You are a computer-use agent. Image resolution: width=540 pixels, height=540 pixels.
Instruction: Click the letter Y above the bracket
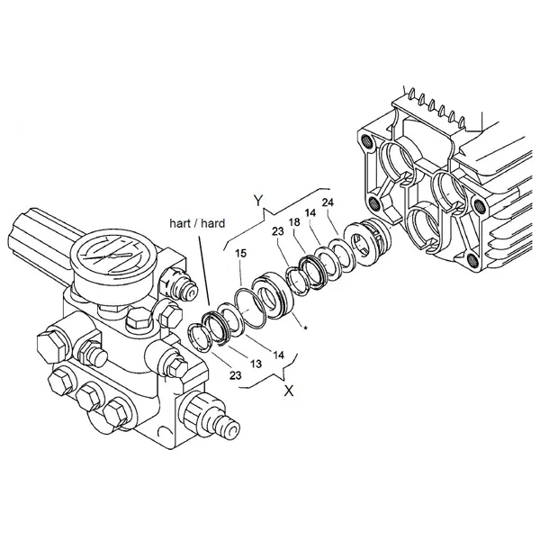pos(258,200)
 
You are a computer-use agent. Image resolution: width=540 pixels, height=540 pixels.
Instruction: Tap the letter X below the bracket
pos(289,391)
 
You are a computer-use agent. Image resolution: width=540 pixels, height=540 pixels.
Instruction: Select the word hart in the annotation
pos(179,223)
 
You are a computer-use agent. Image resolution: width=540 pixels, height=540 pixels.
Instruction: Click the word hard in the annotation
pos(212,223)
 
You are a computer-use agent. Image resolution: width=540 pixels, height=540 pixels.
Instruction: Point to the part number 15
pos(241,254)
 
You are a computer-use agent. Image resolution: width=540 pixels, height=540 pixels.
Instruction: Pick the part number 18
pos(294,222)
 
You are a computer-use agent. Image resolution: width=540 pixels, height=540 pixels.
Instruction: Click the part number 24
pos(328,202)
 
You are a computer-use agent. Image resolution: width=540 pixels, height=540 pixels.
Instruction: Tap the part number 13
pos(256,364)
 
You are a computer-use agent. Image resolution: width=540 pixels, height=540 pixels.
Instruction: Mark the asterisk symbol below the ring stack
pos(305,328)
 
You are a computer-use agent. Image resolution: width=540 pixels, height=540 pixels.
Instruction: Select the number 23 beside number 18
pos(277,231)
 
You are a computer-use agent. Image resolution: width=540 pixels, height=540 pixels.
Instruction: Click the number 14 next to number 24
pos(310,212)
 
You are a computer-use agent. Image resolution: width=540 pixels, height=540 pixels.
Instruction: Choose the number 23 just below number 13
pos(235,375)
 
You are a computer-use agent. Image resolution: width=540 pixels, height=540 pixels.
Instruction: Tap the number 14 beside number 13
pos(279,355)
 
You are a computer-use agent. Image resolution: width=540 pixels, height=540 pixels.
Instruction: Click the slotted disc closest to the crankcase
pos(359,245)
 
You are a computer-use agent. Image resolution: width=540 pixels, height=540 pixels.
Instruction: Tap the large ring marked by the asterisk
pos(274,295)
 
